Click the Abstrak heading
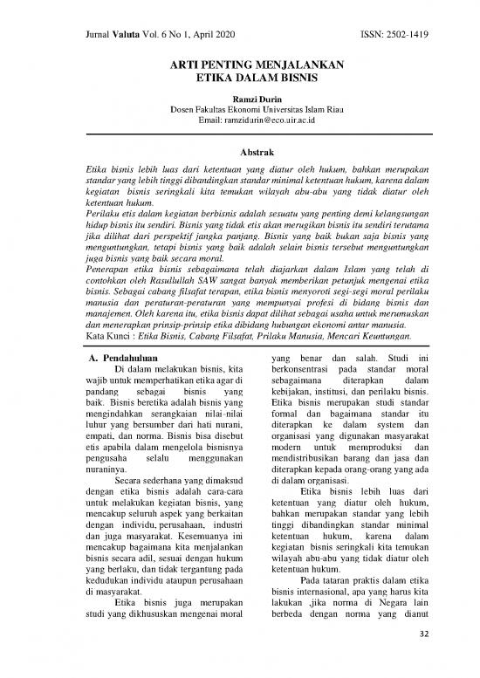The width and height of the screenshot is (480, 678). point(239,150)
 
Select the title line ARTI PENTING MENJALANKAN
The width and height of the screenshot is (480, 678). point(239,65)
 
